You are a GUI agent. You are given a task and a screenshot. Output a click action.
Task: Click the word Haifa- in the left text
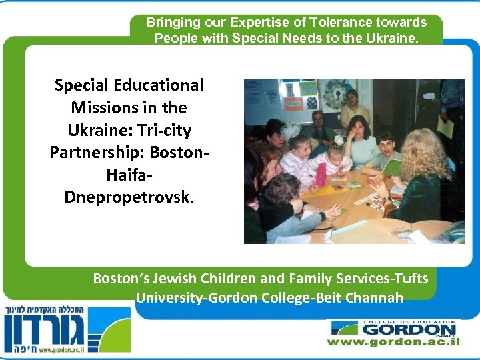coord(129,175)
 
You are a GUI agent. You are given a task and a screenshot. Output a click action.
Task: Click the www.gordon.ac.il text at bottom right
coord(393,342)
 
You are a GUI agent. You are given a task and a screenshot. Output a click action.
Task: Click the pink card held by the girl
coord(321,175)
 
